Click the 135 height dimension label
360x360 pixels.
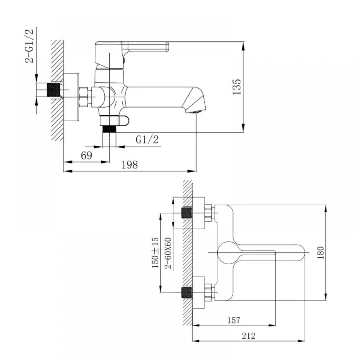236,86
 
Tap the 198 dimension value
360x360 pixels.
130,165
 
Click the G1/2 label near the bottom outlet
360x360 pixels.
147,140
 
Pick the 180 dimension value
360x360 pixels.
320,252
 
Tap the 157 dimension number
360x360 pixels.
234,320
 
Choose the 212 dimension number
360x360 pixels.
248,336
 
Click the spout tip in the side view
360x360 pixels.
197,103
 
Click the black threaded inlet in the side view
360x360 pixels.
53,90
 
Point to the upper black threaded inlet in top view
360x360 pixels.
186,213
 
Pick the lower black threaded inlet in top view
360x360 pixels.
186,292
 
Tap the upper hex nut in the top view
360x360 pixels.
208,213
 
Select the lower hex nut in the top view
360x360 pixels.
208,292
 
